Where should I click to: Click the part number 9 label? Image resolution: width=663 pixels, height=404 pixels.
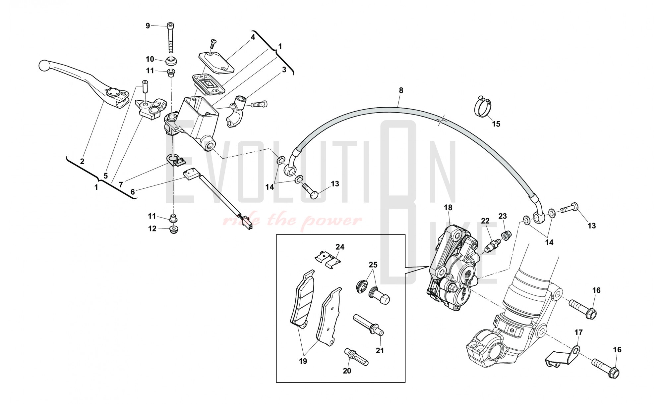point(148,25)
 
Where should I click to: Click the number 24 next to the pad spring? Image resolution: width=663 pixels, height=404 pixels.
point(340,247)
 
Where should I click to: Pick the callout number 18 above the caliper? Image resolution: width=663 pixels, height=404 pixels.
point(448,208)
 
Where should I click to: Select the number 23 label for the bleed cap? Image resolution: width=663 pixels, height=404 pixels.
point(503,216)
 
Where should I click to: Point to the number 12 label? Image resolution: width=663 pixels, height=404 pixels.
point(152,229)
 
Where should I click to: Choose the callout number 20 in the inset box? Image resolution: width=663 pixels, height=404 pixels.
point(347,371)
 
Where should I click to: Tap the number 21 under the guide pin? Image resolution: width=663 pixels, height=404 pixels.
point(380,350)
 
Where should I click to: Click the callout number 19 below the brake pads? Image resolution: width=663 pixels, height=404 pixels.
point(303,361)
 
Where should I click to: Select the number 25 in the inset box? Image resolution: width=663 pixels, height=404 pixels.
point(373,265)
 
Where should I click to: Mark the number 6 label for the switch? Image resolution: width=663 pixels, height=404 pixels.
point(133,192)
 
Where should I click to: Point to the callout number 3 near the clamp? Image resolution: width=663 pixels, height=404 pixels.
point(284,70)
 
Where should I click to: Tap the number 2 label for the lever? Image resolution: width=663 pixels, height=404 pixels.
point(82,161)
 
